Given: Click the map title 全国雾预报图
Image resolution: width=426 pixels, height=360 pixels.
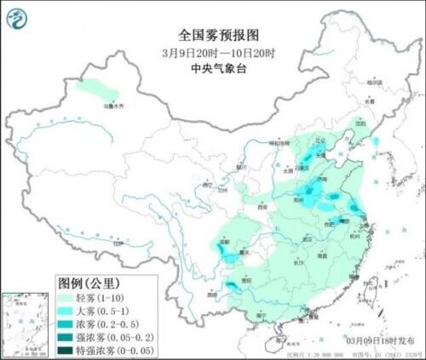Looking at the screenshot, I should (212, 35).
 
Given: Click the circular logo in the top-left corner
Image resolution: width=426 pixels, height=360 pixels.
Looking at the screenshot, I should (17, 14).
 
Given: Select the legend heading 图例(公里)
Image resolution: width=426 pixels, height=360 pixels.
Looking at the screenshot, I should (89, 282).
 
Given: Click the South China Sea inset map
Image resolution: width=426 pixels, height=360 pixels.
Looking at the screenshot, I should (26, 324).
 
